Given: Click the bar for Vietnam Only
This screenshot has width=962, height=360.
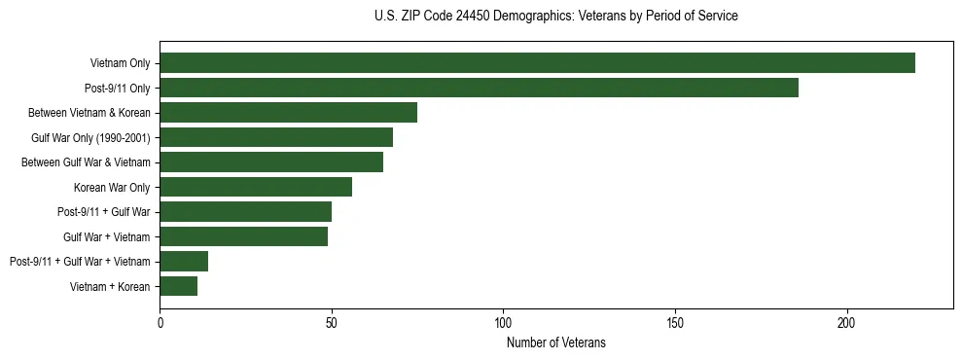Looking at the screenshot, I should coord(537,63).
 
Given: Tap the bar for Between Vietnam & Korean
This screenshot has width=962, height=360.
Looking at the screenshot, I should coord(288,113).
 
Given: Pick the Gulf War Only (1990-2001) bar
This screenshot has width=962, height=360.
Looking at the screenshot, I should coord(276,137).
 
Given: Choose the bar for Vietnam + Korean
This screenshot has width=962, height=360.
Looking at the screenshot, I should coord(179,286).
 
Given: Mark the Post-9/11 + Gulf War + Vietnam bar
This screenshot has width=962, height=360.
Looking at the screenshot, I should coord(184,261).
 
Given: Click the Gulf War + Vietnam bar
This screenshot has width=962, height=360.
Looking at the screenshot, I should coord(244,236).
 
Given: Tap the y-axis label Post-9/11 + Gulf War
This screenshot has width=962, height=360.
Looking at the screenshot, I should coord(104,212).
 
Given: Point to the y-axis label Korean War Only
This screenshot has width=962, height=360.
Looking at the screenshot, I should coord(112,187).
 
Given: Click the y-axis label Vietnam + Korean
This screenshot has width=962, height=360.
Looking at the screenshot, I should coord(110,286).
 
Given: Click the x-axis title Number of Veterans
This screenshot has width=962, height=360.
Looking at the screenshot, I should coord(556,342).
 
